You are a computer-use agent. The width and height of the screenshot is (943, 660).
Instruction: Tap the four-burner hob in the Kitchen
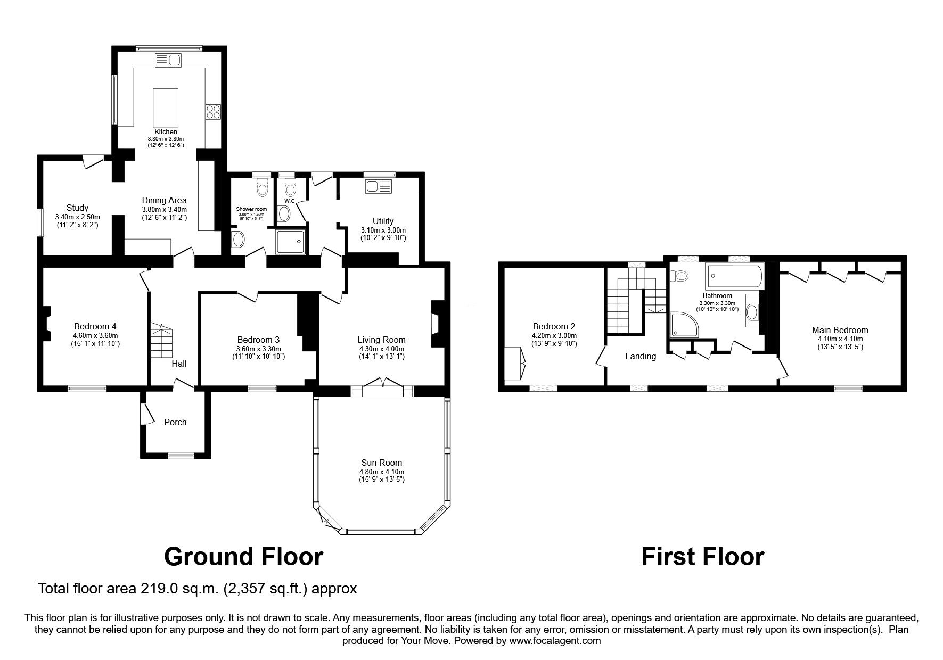[213, 112]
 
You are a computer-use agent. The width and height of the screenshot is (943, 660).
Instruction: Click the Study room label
[77, 208]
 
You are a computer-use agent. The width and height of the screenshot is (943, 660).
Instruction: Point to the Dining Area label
[164, 200]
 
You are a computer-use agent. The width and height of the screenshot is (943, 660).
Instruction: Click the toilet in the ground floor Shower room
[262, 187]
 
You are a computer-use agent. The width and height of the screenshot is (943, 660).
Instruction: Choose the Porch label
[175, 422]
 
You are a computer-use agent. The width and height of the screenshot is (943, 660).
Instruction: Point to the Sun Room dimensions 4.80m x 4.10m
[381, 472]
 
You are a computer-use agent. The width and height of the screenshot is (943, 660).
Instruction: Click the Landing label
[641, 356]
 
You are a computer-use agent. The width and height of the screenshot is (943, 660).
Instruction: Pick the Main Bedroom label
[840, 330]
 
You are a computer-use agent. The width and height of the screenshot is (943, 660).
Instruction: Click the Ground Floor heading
[243, 557]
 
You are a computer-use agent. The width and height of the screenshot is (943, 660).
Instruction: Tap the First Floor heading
[702, 557]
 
